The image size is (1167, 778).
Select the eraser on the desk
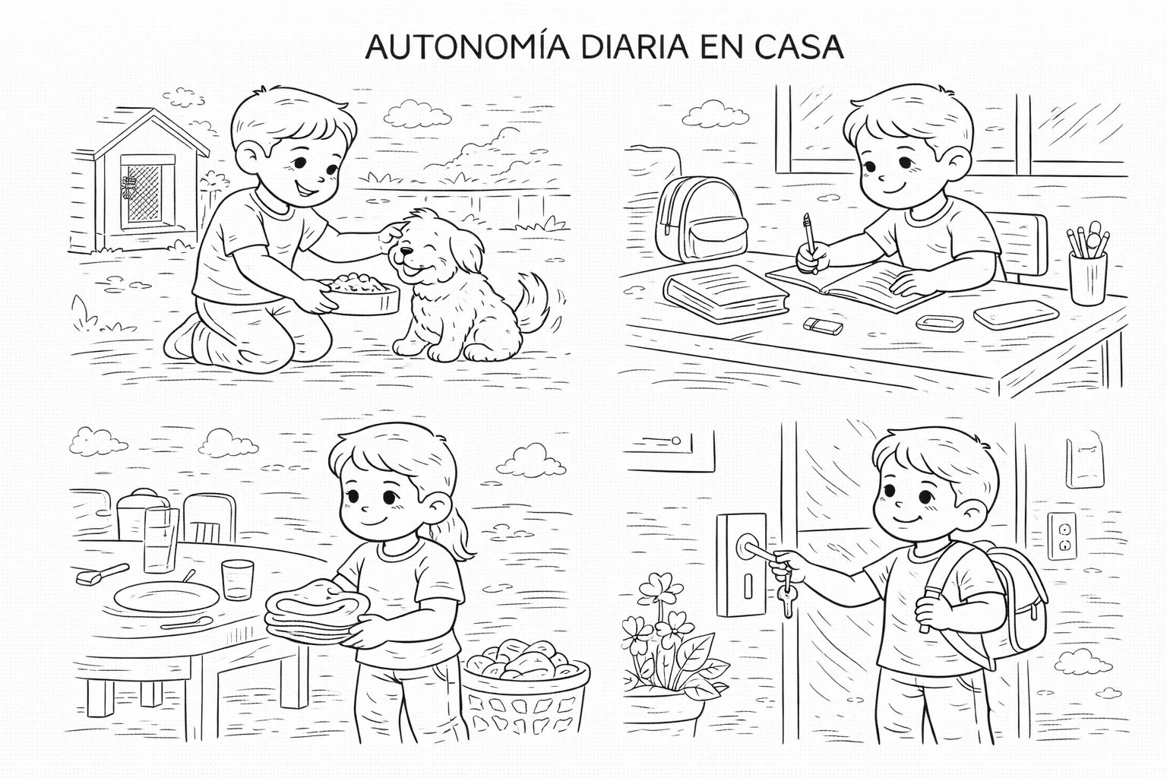click(823, 326)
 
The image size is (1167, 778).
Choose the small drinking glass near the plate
click(238, 580)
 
